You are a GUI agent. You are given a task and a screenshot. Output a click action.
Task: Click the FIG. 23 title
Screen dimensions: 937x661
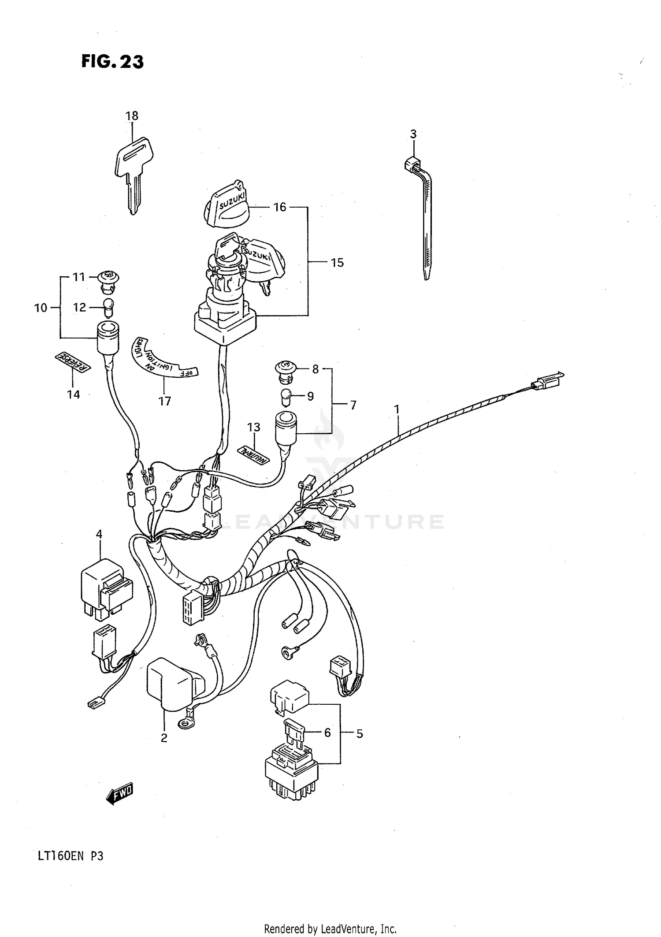tap(112, 62)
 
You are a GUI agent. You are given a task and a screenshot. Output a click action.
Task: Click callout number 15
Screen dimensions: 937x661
tap(337, 263)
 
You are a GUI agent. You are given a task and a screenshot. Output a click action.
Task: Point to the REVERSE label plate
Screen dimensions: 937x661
tap(73, 363)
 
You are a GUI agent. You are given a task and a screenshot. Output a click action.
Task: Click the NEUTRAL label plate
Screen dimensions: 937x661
tap(253, 455)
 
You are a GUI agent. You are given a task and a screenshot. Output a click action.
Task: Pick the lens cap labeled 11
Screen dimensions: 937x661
tap(108, 279)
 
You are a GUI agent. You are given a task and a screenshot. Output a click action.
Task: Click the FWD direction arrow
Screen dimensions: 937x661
tap(119, 795)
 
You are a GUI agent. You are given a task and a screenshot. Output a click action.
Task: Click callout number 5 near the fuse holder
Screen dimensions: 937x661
tap(360, 734)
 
